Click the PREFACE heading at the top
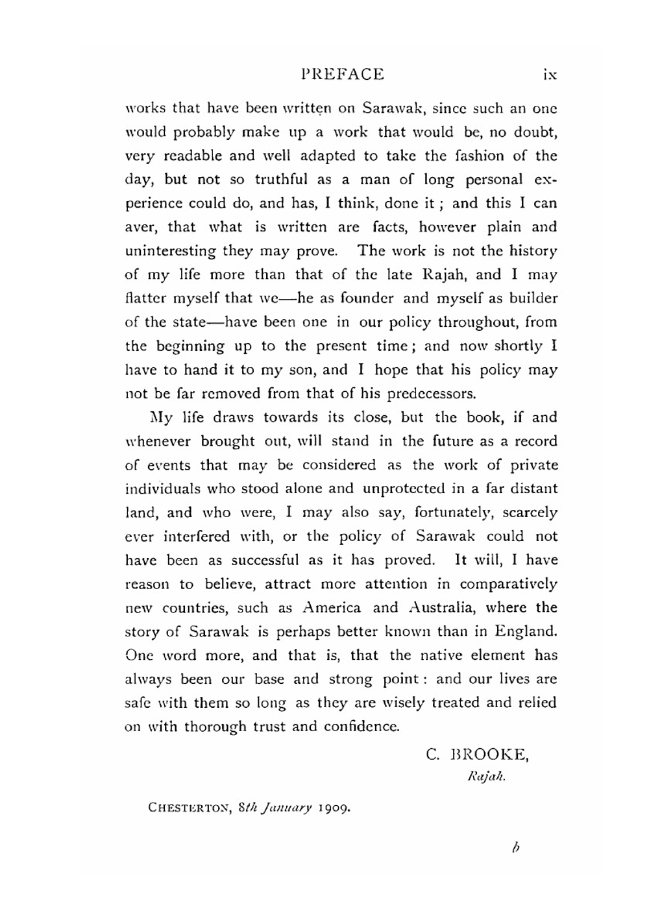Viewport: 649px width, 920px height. [x=343, y=74]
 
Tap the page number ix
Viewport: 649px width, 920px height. [x=550, y=75]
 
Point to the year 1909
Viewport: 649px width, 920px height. [x=335, y=808]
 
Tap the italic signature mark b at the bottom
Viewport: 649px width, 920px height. [x=516, y=847]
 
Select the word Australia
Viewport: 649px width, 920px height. [x=442, y=608]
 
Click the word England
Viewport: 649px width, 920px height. [x=526, y=631]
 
